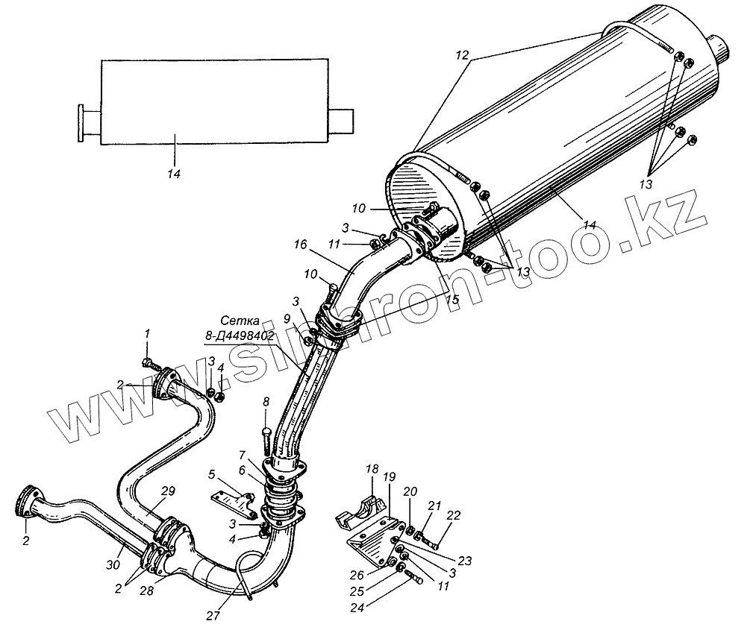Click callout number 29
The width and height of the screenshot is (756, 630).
(x=168, y=491)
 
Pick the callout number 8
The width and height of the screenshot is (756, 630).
(x=266, y=403)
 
